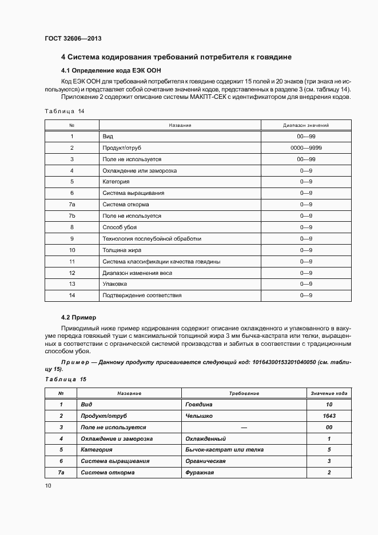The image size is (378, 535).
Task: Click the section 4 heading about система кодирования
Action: pyautogui.click(x=177, y=57)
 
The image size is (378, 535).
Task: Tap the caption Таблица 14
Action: pyautogui.click(x=64, y=111)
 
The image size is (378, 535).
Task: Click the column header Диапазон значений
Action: pyautogui.click(x=306, y=125)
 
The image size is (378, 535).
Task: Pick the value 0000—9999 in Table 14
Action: pyautogui.click(x=306, y=148)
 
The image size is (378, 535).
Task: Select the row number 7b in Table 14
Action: pyautogui.click(x=72, y=216)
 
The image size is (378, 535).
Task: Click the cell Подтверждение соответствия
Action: pyautogui.click(x=142, y=296)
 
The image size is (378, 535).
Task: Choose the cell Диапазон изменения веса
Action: pyautogui.click(x=137, y=273)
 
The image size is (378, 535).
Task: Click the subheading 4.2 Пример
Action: pyautogui.click(x=79, y=317)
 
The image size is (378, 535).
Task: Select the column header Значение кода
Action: pyautogui.click(x=329, y=393)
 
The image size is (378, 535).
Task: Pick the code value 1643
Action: pyautogui.click(x=329, y=416)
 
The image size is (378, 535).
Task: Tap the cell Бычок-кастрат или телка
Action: pyautogui.click(x=224, y=450)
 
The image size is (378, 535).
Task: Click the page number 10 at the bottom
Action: pyautogui.click(x=48, y=486)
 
